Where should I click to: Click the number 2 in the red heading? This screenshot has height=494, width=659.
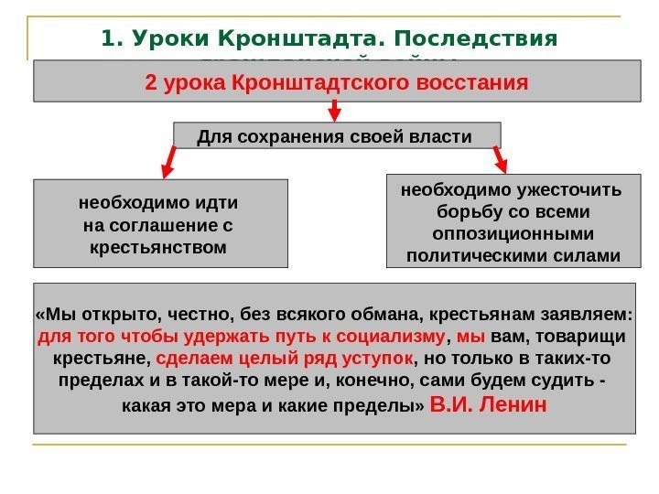point(151,83)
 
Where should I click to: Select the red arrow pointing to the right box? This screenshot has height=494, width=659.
point(500,157)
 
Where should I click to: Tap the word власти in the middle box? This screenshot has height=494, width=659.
point(443,137)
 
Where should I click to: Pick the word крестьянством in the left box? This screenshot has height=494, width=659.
point(160,247)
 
